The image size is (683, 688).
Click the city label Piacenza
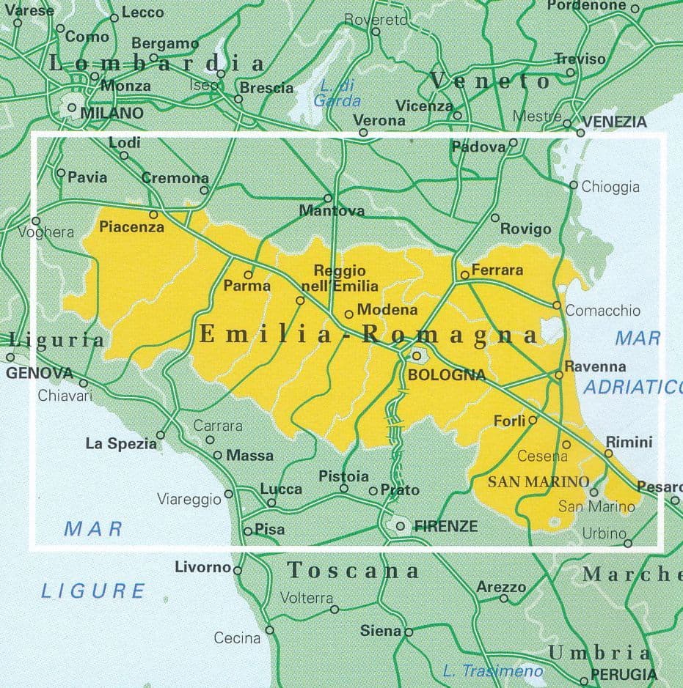pos(131,227)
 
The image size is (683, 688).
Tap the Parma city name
pos(247,286)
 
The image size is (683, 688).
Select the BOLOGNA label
pos(446,375)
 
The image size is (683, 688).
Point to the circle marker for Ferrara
pos(464,275)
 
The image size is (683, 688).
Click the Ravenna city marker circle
pos(559,374)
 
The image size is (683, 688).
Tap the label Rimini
pos(629,442)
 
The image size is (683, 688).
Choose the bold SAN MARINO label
pos(538,481)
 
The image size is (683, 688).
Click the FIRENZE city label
pos(446,526)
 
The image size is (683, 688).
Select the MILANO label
pos(112,113)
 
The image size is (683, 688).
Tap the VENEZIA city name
pos(615,122)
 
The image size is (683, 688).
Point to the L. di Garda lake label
pos(337,93)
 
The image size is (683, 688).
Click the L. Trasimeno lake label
pos(493,670)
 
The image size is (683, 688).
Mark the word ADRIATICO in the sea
pos(632,387)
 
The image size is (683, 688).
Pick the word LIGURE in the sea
pos(93,590)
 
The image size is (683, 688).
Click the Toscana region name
pos(353,570)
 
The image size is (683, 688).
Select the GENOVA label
pos(40,373)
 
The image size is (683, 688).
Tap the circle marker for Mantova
pos(328,198)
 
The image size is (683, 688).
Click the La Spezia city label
pos(121,443)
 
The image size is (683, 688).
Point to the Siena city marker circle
pos(409,632)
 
